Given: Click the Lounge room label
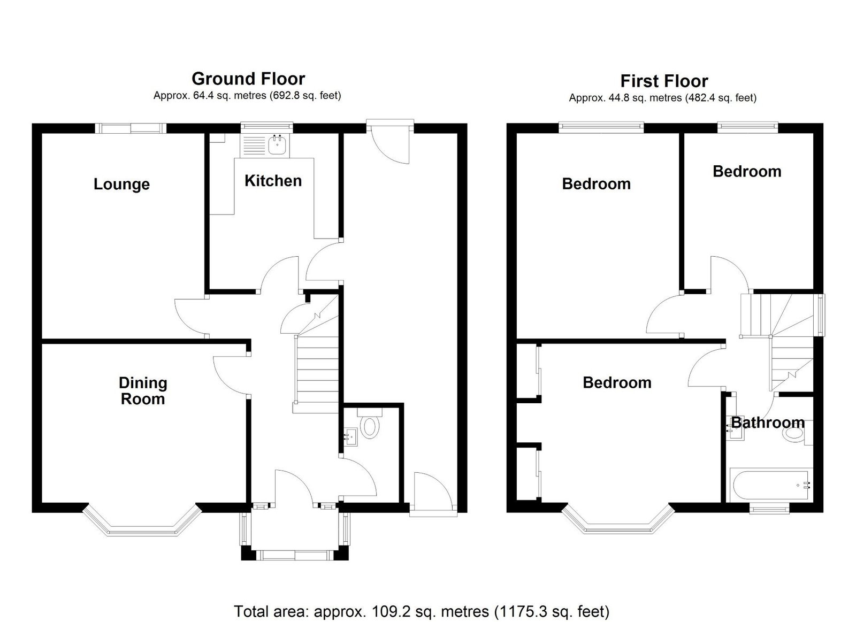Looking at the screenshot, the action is pos(121,185).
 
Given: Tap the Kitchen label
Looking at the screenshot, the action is pos(273,181).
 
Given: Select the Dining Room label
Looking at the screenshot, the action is pos(143,391).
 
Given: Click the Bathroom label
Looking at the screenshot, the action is pos(768,423).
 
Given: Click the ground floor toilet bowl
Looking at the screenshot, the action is pos(370,427).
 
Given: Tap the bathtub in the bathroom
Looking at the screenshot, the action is pos(771,485).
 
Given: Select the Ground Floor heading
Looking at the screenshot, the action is pos(248,79).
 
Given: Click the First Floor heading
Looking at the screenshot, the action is pos(664,81).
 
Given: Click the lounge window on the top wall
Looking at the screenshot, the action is pos(131,128).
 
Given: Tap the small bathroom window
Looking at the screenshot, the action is pos(769,509).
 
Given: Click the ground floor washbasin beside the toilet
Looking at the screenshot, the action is pos(351,437).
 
